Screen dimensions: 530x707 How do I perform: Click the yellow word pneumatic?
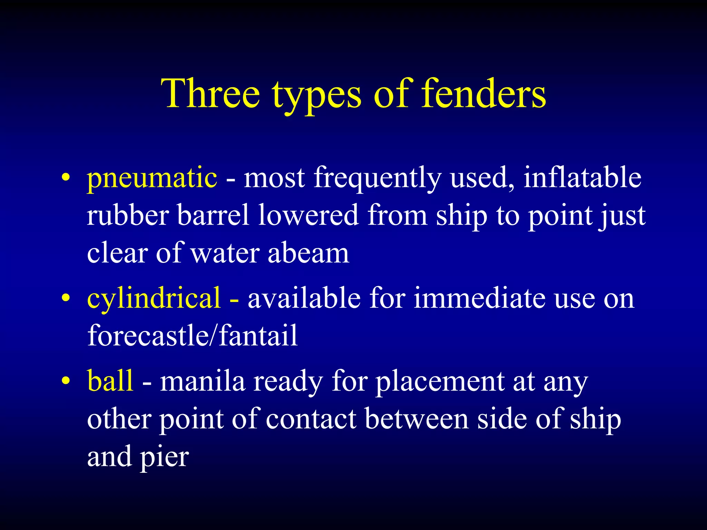tap(152, 178)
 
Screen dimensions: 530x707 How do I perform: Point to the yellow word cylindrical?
tap(154, 298)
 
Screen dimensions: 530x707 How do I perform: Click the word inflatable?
tap(582, 177)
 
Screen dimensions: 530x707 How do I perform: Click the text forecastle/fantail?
tap(192, 335)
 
